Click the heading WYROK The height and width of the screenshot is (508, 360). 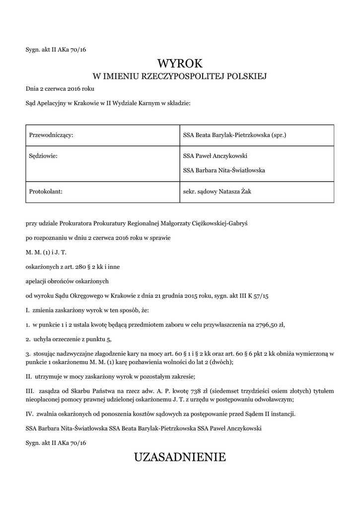point(180,63)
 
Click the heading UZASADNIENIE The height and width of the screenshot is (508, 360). point(180,457)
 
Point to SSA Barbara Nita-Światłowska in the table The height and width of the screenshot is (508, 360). point(224,170)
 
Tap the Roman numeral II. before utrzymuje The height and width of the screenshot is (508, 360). point(28,377)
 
